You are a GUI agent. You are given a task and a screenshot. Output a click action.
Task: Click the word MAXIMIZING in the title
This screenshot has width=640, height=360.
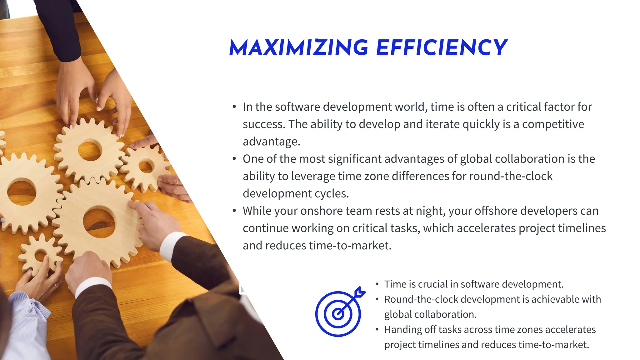[x=299, y=48]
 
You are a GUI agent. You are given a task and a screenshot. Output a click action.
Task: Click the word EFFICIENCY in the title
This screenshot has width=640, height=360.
[x=442, y=48]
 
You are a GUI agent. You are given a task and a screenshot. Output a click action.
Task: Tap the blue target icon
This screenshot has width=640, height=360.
[x=338, y=313]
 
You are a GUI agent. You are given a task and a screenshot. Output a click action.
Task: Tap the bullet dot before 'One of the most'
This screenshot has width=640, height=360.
[x=234, y=159]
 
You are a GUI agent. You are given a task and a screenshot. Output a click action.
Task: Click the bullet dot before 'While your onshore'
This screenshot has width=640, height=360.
[x=234, y=211]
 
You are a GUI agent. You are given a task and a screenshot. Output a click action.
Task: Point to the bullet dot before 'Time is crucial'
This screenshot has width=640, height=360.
[x=377, y=284]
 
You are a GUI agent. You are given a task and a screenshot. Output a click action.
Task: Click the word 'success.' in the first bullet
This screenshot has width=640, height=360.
[x=264, y=124]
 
